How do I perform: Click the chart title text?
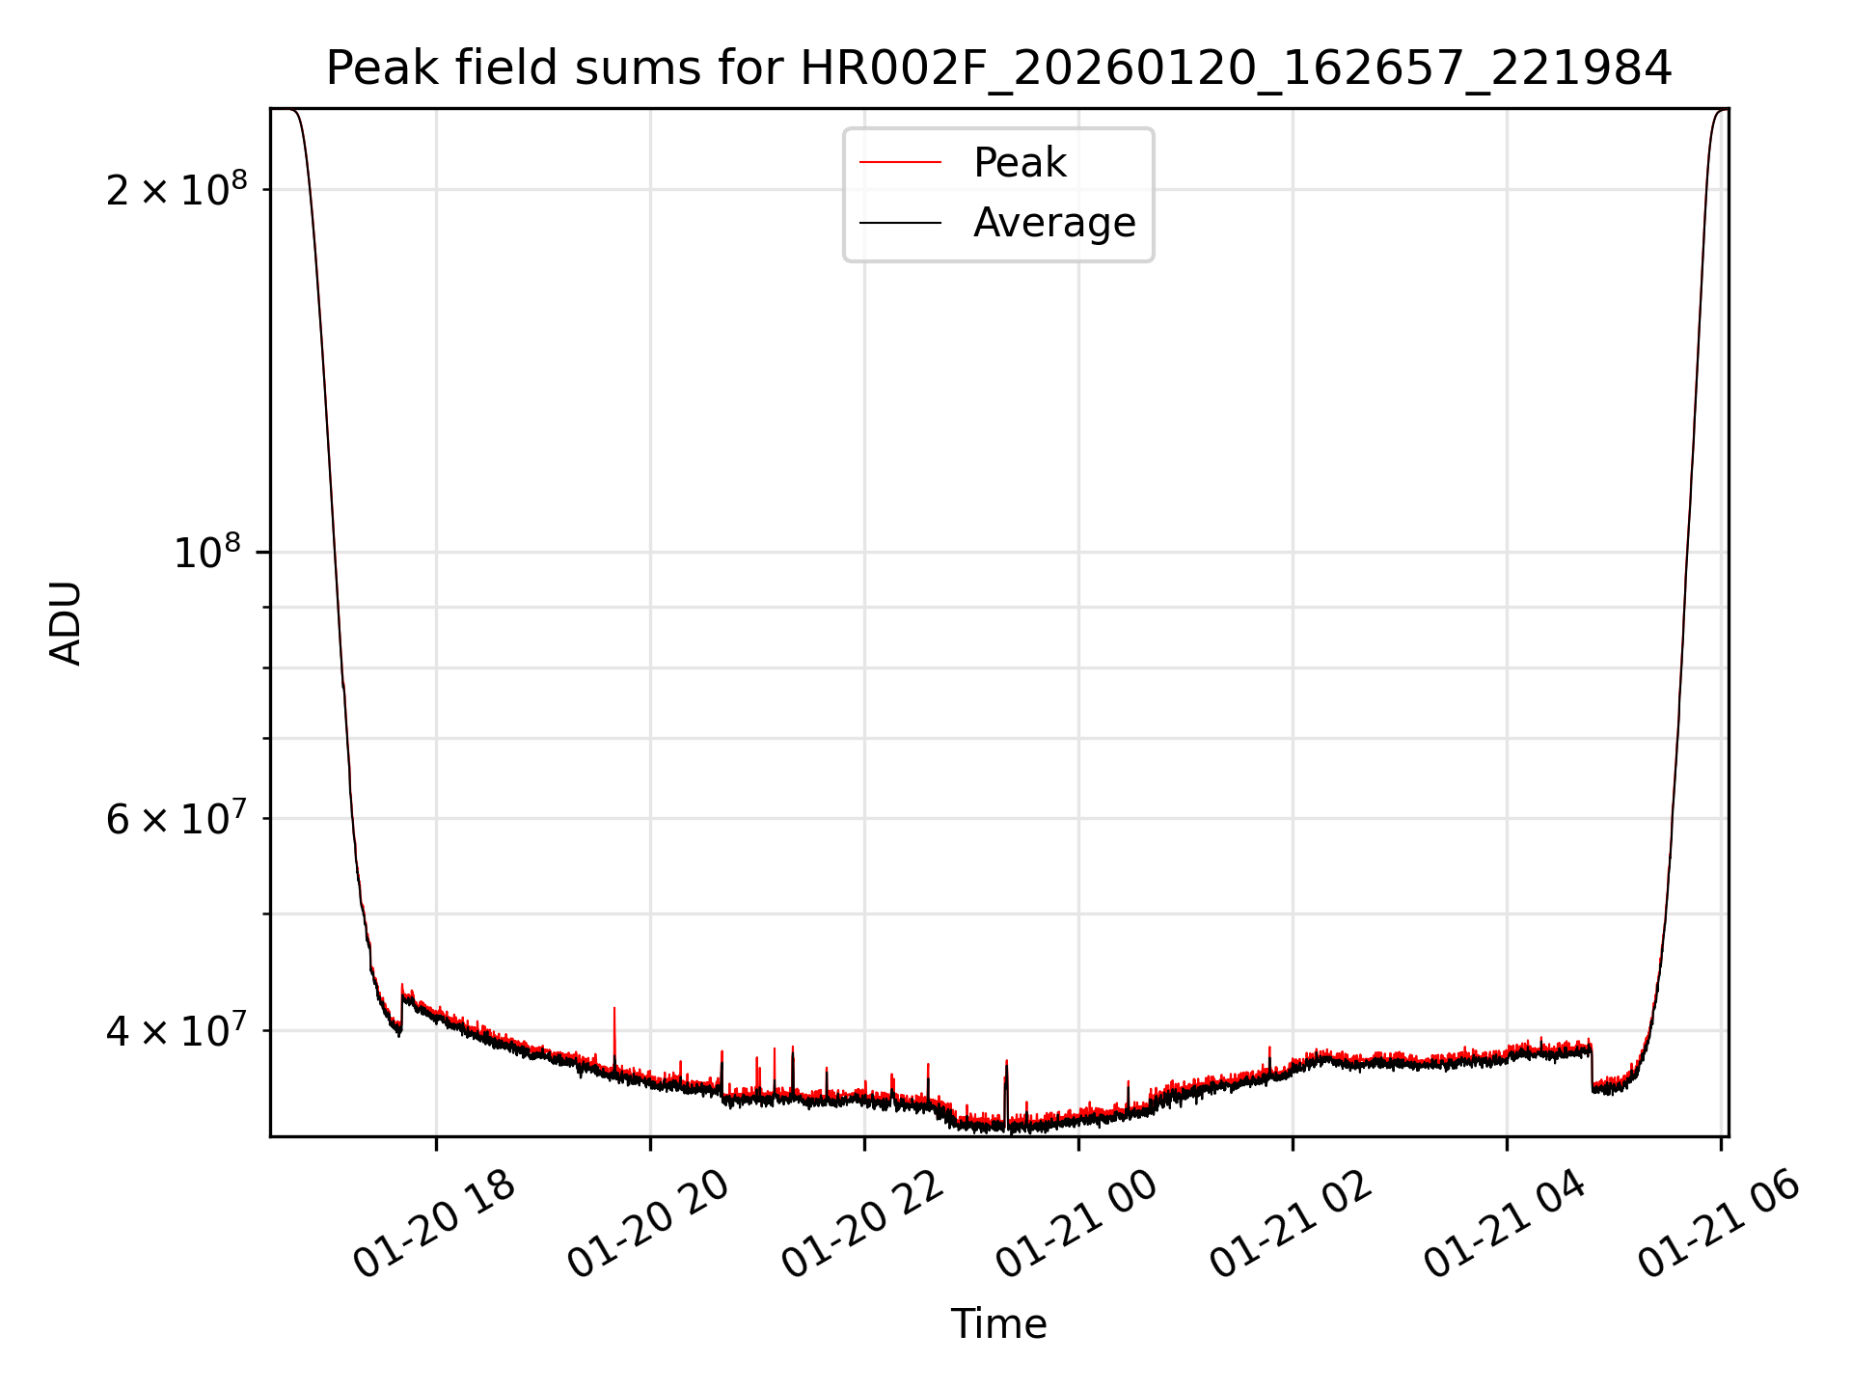pos(998,68)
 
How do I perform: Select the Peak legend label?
pos(1020,163)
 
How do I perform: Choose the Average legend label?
pos(1054,223)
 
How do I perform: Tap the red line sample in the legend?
pos(900,163)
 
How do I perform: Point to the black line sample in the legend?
pos(900,223)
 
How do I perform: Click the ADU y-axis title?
pos(66,623)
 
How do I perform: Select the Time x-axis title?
pos(998,1324)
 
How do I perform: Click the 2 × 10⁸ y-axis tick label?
pos(177,189)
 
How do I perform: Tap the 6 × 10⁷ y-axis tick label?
pos(177,819)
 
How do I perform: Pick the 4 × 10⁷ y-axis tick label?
pos(177,1031)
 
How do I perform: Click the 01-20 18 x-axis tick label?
pos(434,1226)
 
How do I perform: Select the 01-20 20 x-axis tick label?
pos(648,1226)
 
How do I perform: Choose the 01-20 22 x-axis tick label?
pos(862,1226)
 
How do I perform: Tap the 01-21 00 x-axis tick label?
pos(1076,1226)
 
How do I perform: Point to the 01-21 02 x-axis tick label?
pos(1291,1226)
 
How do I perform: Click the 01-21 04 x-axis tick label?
pos(1505,1226)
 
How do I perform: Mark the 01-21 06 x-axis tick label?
pos(1719,1226)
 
